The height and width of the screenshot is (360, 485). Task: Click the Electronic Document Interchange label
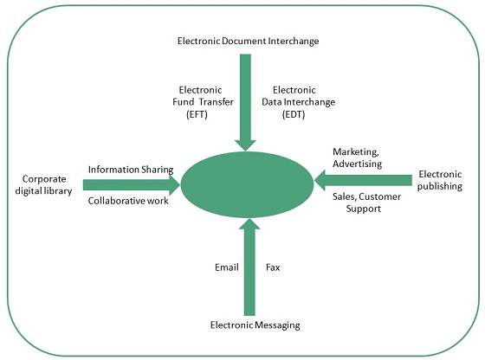coord(246,40)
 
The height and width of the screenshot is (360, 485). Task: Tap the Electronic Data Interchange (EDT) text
coord(303,101)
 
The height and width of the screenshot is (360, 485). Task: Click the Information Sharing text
coord(131,169)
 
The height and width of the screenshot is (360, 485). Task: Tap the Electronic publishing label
coord(440,180)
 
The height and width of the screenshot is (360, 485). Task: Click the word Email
coord(226,268)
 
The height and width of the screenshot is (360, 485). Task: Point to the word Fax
coord(273,268)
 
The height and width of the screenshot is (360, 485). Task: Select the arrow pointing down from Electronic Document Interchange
coord(245,100)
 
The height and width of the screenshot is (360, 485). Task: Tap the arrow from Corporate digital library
coord(130,184)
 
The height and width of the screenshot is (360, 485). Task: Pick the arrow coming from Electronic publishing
coord(364,180)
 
